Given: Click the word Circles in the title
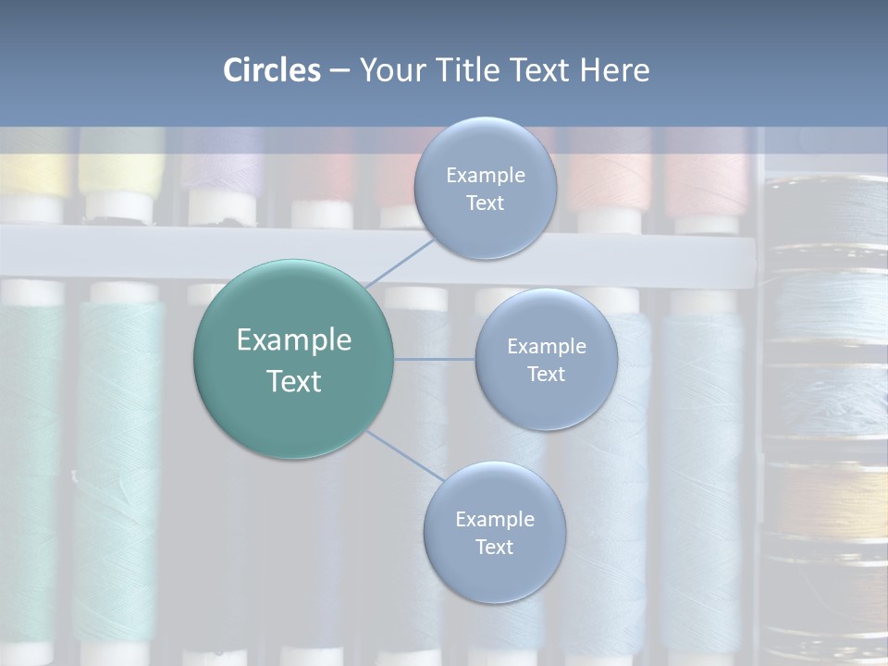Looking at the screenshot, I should click(x=271, y=70).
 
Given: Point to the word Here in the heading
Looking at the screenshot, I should click(x=615, y=70).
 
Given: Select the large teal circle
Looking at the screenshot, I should click(x=293, y=359).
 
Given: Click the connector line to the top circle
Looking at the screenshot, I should click(x=400, y=260).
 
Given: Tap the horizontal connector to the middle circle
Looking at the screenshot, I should click(x=434, y=359).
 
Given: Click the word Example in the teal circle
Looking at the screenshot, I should click(x=294, y=340).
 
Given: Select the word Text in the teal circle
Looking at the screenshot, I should click(x=294, y=381).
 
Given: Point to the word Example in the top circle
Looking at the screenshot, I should click(x=486, y=176).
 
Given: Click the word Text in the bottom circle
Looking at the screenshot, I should click(x=494, y=547).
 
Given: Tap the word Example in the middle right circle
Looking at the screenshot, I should click(x=547, y=347).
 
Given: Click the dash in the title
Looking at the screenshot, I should click(x=339, y=71).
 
